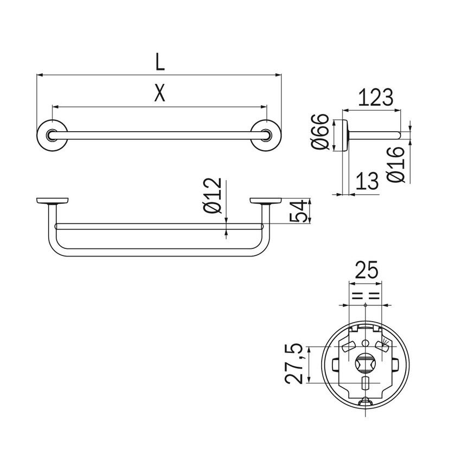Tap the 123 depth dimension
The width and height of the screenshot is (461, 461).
click(375, 98)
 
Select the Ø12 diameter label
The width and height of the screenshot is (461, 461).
click(214, 195)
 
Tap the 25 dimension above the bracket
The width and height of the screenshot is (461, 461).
click(366, 270)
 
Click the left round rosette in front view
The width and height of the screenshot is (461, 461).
click(52, 135)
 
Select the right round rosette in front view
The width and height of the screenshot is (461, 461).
click(266, 135)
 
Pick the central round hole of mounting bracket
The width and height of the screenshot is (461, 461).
click(366, 362)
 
